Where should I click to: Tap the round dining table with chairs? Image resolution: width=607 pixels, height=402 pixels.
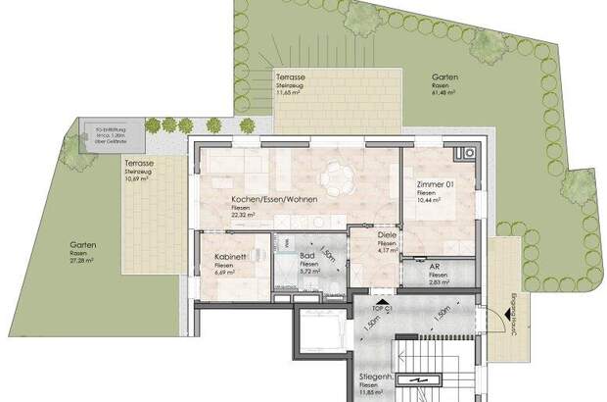[338, 179]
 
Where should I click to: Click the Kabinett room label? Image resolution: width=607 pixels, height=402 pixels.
[230, 260]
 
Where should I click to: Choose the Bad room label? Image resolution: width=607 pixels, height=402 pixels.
[307, 255]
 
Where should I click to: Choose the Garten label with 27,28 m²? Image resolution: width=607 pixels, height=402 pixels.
[83, 246]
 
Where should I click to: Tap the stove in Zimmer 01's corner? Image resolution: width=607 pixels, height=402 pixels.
[466, 154]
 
